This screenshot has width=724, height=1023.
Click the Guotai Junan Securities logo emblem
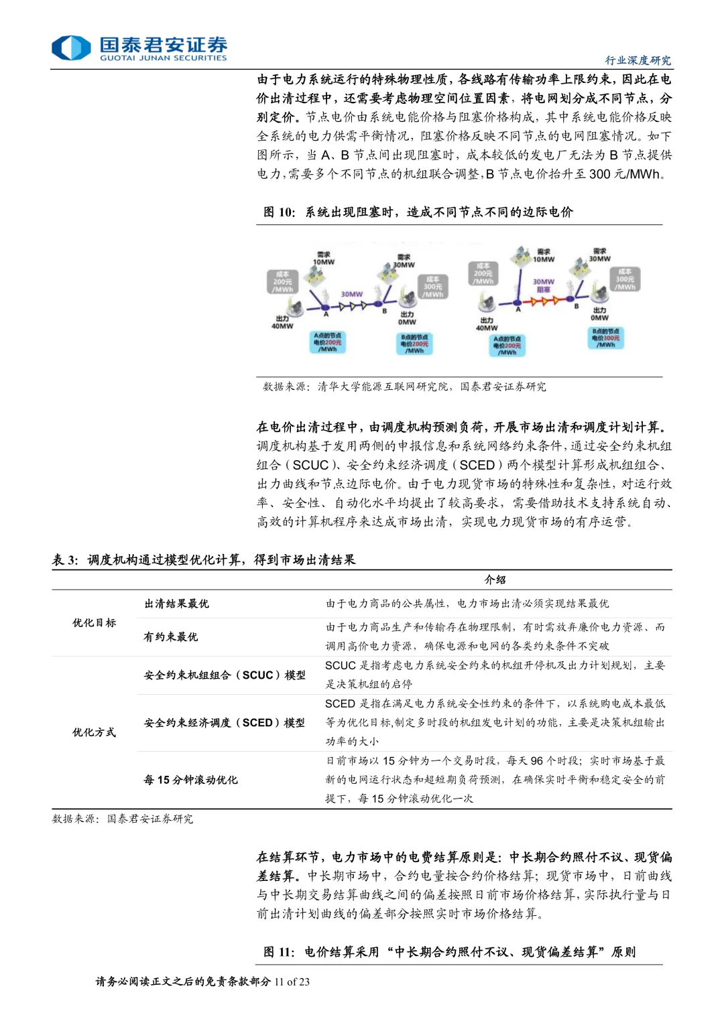tap(71, 48)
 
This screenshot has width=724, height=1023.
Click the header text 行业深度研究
tap(638, 60)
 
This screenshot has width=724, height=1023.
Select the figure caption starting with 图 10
tap(418, 212)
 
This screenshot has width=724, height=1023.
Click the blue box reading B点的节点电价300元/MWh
tap(605, 338)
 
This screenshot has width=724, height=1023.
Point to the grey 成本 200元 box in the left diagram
tap(282, 282)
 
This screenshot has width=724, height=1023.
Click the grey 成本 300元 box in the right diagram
tap(625, 279)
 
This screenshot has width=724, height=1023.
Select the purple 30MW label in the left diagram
tap(351, 294)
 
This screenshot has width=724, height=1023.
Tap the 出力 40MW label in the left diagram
tap(282, 322)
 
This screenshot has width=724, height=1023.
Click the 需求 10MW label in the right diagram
tap(543, 255)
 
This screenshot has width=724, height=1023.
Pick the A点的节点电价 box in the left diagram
tap(328, 342)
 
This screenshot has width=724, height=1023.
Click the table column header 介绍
tap(495, 579)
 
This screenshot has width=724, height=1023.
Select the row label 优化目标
tap(94, 623)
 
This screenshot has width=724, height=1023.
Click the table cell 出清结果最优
tap(176, 604)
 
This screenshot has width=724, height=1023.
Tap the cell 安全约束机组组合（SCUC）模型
tap(225, 675)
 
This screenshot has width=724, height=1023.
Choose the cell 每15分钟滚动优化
tap(190, 780)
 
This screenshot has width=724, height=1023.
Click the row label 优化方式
tap(94, 732)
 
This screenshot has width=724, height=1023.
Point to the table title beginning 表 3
tap(204, 560)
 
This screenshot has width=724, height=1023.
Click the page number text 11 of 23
tap(292, 981)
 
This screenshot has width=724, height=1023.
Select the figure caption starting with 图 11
tap(449, 952)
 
